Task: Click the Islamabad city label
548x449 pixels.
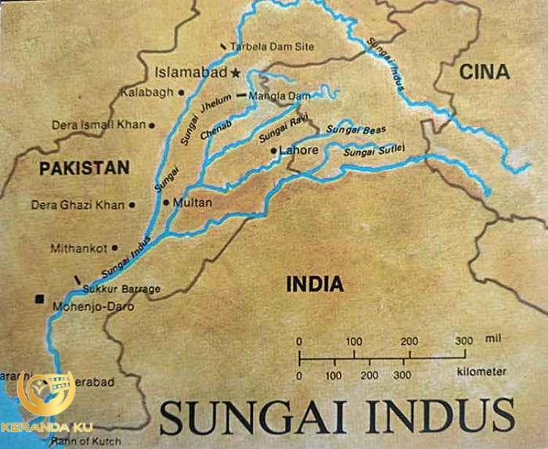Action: (191, 73)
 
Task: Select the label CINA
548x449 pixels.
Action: (484, 73)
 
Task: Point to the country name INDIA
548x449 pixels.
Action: (315, 284)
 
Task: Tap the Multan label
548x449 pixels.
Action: (193, 202)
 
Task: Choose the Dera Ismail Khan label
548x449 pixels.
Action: (98, 124)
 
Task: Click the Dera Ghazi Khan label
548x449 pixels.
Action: (78, 205)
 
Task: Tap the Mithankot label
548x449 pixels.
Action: (78, 249)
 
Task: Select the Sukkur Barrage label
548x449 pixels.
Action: (121, 289)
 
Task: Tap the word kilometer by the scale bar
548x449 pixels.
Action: (479, 372)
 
